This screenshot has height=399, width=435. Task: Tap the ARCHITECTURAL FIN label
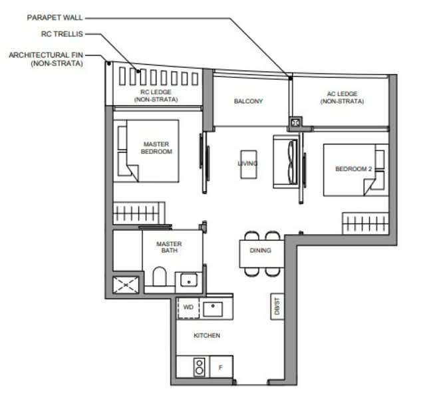[x=45, y=59]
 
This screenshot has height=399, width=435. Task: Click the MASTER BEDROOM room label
[x=156, y=148]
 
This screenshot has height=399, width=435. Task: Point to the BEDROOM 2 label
[x=353, y=170]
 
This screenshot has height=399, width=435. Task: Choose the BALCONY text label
[x=248, y=102]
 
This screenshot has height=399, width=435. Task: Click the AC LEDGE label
[x=342, y=98]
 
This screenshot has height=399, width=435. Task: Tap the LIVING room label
[x=248, y=163]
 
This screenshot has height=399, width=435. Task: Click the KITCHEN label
[x=206, y=336]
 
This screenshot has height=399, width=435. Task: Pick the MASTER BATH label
[x=169, y=248]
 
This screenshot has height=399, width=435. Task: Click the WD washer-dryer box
[x=188, y=308]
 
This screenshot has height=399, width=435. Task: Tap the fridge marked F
[x=220, y=366]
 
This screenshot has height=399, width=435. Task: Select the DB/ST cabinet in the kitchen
[x=275, y=306]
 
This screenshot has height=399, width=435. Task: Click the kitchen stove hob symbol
[x=198, y=366]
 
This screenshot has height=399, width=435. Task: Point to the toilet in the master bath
[x=160, y=277]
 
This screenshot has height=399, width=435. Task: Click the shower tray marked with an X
[x=126, y=284]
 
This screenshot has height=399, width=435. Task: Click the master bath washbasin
[x=189, y=280]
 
